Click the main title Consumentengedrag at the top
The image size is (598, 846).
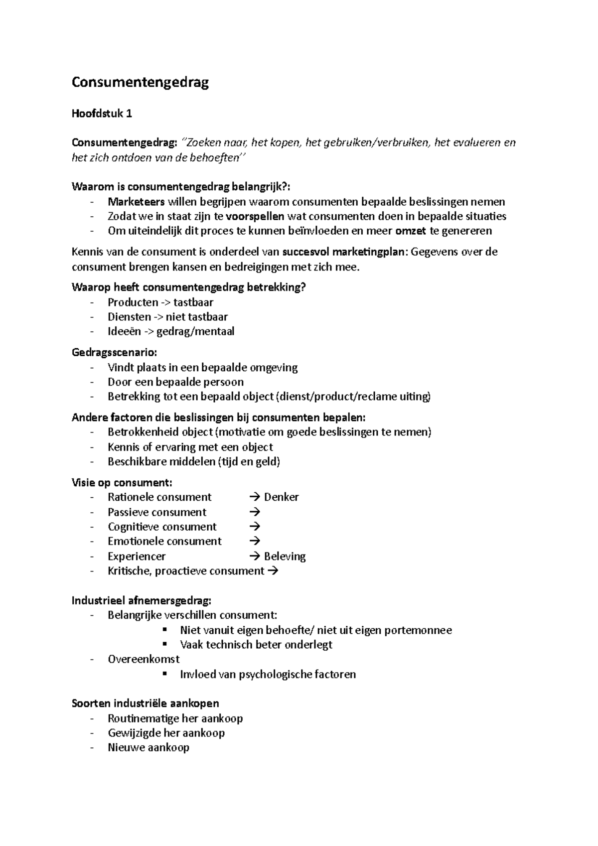point(140,82)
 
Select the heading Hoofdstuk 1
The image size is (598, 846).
point(102,114)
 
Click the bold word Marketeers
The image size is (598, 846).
point(136,202)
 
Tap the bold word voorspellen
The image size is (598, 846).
point(255,216)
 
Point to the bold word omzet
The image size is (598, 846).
point(411,231)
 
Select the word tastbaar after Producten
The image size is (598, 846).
point(193,302)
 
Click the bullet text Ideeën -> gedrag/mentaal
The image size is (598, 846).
point(170,331)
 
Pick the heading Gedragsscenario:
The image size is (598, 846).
point(114,353)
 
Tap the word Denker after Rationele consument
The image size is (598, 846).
point(281,497)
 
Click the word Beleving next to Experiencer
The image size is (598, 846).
point(285,557)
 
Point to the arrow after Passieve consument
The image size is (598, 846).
point(254,512)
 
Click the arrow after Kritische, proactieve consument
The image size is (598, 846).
point(273,571)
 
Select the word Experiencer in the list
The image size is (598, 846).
point(137,557)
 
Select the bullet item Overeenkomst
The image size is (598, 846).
point(144,659)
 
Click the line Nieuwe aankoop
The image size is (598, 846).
point(149,747)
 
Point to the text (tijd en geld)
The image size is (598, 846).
point(249,461)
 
